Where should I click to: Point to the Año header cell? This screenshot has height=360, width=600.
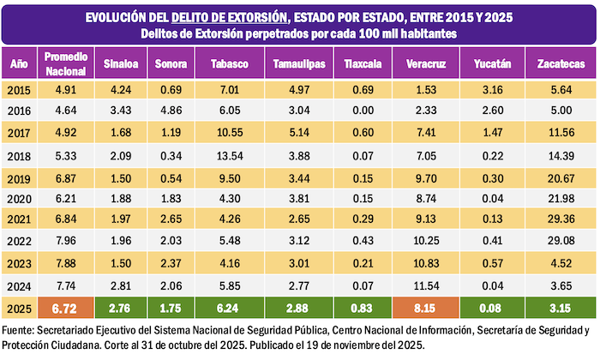pyautogui.click(x=20, y=64)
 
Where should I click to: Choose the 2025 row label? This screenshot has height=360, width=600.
pyautogui.click(x=20, y=307)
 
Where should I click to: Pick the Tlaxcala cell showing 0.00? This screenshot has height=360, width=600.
pyautogui.click(x=362, y=111)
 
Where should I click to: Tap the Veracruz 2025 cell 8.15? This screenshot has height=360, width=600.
pyautogui.click(x=424, y=307)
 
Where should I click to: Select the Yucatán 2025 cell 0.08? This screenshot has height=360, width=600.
pyautogui.click(x=492, y=307)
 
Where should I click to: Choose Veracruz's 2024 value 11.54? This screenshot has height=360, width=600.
pyautogui.click(x=424, y=285)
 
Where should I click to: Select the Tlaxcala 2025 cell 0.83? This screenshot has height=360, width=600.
pyautogui.click(x=362, y=307)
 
